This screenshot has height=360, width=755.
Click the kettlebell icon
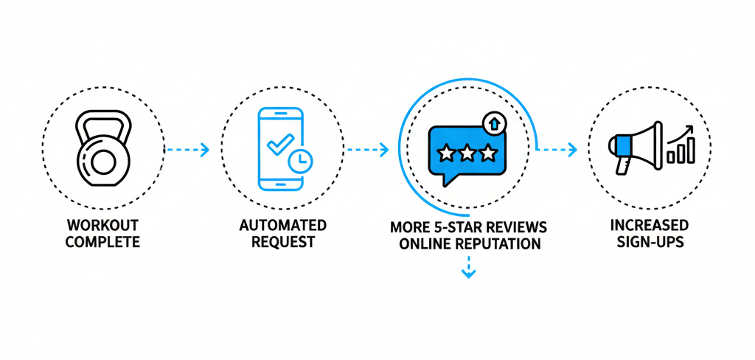coord(103,151)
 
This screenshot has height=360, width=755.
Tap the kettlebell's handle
coord(103,122)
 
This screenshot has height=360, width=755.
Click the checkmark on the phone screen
coord(277,141)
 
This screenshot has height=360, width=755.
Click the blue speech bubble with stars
coord(467,153)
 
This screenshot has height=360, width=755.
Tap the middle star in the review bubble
coord(467,153)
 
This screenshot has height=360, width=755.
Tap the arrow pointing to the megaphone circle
coord(556,150)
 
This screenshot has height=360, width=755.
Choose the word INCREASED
coord(650,225)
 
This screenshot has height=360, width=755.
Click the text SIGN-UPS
coord(650,242)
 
